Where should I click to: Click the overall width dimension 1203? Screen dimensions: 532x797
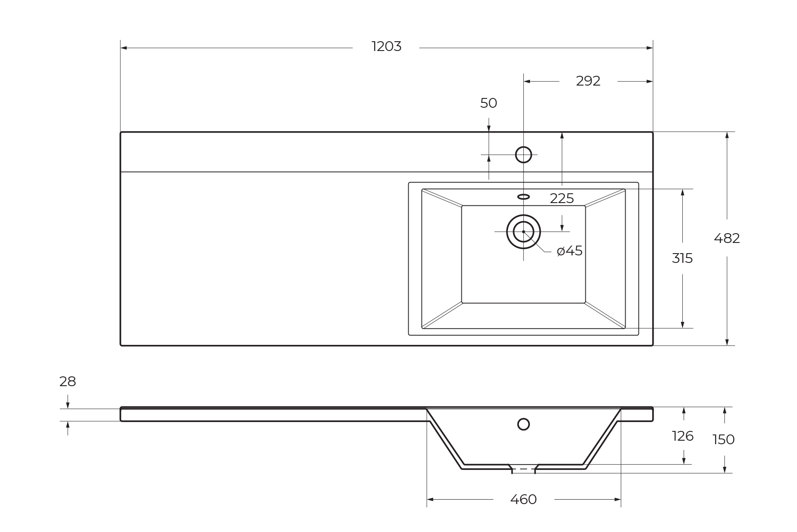(386, 47)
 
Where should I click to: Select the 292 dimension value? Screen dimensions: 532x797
(588, 81)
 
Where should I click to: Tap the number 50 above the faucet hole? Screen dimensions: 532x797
(488, 103)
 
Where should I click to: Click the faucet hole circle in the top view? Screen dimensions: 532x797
(523, 155)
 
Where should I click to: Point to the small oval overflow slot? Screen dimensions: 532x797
(523, 197)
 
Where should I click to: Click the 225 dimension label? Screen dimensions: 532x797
(561, 199)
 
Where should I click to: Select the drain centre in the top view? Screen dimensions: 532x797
(523, 231)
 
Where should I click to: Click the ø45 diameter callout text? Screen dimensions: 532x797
(569, 251)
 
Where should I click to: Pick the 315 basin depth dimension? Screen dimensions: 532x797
(682, 258)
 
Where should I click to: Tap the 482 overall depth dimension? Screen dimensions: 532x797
(727, 239)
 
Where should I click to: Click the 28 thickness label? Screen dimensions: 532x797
(68, 382)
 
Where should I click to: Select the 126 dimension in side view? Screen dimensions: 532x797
(683, 436)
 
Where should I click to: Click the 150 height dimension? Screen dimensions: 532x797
(723, 440)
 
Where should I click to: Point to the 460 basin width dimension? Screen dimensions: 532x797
(523, 500)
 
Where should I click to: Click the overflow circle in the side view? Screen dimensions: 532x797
(523, 424)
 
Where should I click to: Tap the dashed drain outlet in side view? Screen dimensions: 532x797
(523, 469)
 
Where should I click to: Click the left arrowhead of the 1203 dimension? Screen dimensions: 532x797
(124, 48)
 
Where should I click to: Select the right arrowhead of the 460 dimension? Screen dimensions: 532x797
(618, 500)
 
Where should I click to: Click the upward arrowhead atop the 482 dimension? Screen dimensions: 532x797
(727, 135)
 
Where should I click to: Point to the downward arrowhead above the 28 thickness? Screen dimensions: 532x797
(68, 405)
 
